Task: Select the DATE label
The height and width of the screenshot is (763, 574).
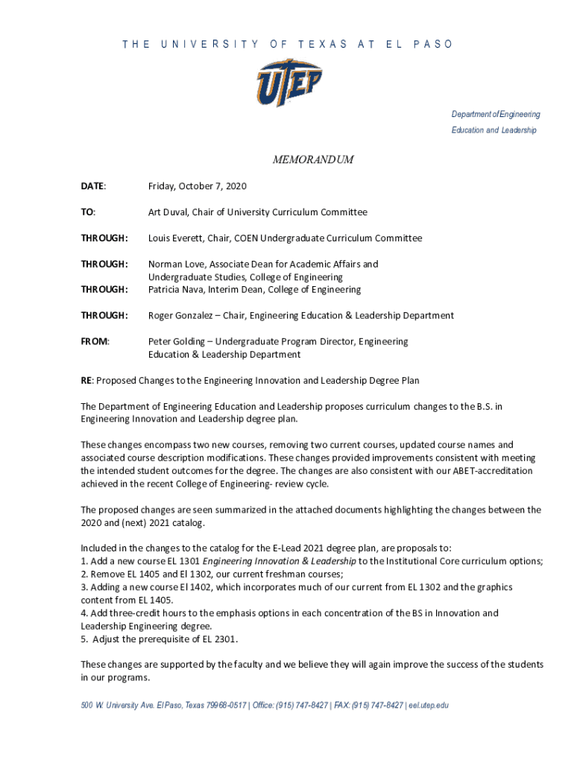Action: pos(93,186)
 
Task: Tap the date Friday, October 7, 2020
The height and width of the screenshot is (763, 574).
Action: pos(197,186)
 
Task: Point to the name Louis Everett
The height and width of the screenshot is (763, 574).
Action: pos(177,238)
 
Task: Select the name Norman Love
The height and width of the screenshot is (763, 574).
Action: pos(177,264)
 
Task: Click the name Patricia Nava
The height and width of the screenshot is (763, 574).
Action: pos(177,289)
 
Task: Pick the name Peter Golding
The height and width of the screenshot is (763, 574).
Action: pos(176,341)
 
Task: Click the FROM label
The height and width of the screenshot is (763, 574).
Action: pos(95,341)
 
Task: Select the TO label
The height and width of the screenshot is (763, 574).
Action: pos(88,212)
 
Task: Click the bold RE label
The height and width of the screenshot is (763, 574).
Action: pos(86,381)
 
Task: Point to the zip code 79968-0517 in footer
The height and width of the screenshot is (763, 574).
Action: pos(226,705)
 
